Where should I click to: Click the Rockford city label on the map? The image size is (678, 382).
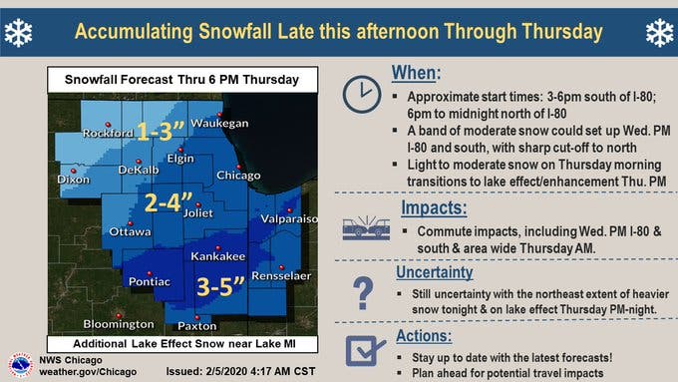[x=108, y=133]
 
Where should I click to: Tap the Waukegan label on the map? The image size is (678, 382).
[x=219, y=124]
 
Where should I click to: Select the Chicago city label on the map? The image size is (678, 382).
[x=238, y=176]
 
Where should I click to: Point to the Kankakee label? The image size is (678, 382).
[x=218, y=256]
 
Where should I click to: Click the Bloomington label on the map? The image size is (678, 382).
[x=119, y=324]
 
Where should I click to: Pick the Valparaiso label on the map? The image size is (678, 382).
[x=289, y=218]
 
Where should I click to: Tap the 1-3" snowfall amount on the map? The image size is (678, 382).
[x=161, y=131]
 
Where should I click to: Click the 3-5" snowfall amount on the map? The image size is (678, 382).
[x=220, y=286]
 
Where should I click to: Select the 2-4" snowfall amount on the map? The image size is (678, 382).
[x=168, y=202]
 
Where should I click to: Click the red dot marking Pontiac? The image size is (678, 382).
[x=150, y=274]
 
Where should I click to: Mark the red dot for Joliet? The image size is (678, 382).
[x=198, y=205]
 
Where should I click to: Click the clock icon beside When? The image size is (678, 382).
[x=362, y=95]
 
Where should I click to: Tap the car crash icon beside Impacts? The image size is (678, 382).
[x=366, y=227]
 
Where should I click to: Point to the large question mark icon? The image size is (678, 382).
[x=363, y=293]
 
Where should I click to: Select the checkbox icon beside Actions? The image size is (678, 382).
[x=365, y=350]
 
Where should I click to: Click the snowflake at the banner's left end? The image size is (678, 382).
[x=18, y=33]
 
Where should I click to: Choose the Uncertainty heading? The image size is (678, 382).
[x=434, y=272]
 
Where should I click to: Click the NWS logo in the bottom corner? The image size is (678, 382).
[x=20, y=365]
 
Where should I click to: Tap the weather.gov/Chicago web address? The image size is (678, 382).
[x=88, y=372]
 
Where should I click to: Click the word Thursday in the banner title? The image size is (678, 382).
[x=562, y=32]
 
